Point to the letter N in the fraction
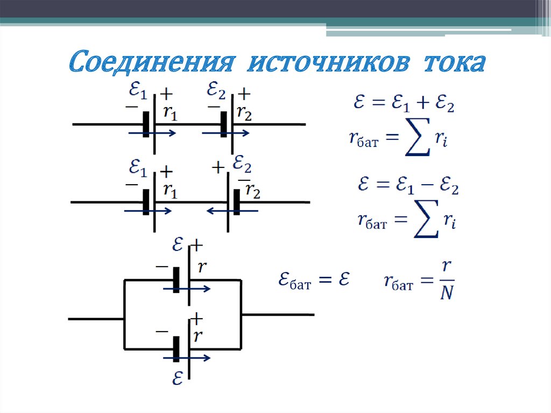446,294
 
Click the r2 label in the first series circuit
244,114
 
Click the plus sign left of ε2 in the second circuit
218,168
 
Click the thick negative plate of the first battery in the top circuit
146,125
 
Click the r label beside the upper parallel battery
202,267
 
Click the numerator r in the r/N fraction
446,266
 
